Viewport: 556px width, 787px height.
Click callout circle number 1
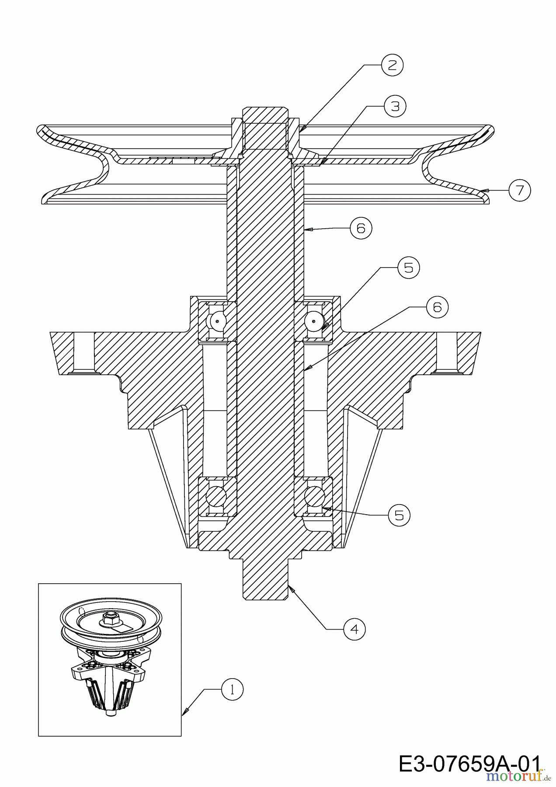coord(232,690)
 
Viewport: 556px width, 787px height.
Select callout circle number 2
coord(392,65)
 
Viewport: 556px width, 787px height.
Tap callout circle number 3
coord(395,106)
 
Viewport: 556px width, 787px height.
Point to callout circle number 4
coord(354,629)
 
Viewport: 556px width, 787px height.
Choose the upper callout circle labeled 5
coord(408,268)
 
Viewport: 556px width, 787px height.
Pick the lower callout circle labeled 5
coord(399,515)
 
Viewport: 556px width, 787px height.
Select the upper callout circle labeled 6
coord(361,228)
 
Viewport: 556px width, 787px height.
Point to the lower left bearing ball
coord(217,497)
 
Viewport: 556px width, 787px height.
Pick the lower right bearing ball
coord(314,497)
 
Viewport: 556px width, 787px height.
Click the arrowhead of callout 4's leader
coord(292,589)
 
